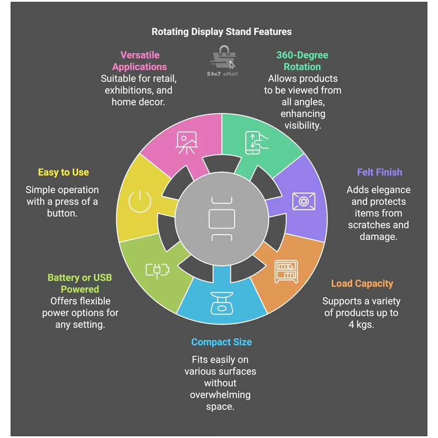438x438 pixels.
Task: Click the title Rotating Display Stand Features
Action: pyautogui.click(x=221, y=32)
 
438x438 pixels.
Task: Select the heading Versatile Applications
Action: pyautogui.click(x=140, y=61)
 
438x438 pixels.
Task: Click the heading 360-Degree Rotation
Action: pyautogui.click(x=302, y=61)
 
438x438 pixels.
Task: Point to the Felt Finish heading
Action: pyautogui.click(x=379, y=172)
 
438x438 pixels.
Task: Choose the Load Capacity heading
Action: pyautogui.click(x=362, y=283)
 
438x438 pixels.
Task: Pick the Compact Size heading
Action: pyautogui.click(x=221, y=342)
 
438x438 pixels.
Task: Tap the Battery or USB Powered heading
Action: pyautogui.click(x=80, y=283)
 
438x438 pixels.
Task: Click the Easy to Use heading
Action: pyautogui.click(x=63, y=172)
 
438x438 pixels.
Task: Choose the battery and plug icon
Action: pyautogui.click(x=157, y=271)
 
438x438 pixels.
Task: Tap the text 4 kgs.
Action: pyautogui.click(x=361, y=325)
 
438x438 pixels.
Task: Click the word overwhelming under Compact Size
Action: pyautogui.click(x=220, y=395)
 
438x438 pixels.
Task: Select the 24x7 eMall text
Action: pyautogui.click(x=223, y=74)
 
